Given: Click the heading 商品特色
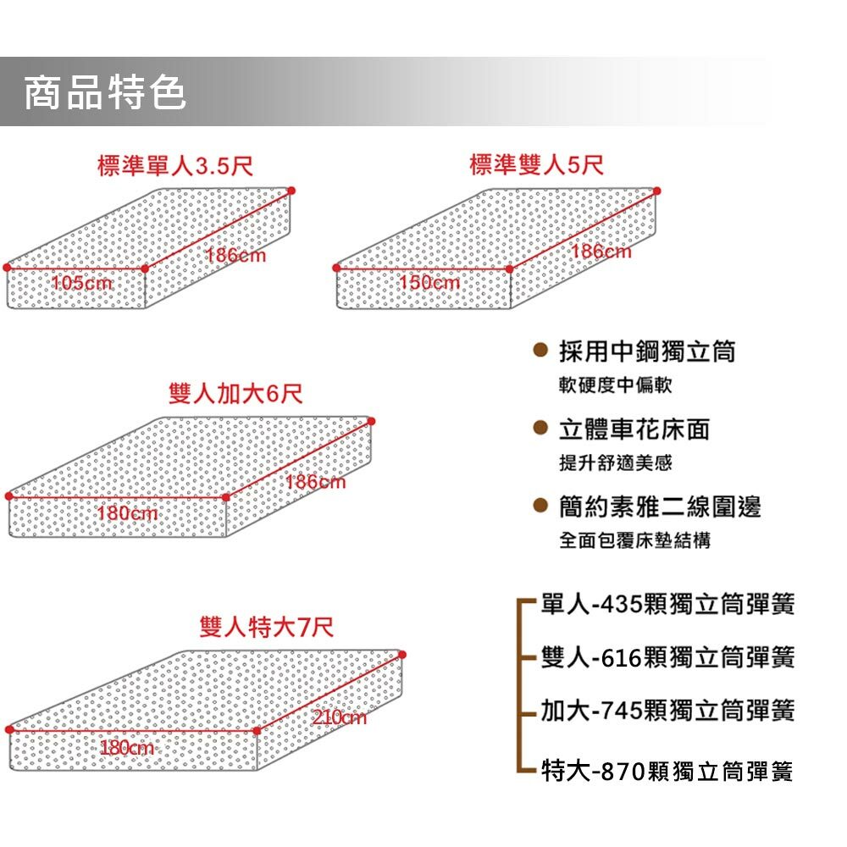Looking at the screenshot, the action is point(104,92).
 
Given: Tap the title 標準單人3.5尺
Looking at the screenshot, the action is point(175,165).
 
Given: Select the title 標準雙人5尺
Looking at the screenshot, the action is point(536,165).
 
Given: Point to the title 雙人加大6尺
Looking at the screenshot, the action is point(235,394).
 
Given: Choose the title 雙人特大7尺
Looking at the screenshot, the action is point(266,628).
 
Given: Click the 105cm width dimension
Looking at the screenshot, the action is point(82,283).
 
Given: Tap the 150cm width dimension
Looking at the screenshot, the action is point(429,283).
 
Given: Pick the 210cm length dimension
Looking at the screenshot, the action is point(339,718).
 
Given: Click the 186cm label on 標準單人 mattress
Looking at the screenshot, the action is point(235,255).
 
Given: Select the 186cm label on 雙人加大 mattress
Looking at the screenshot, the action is point(316,483).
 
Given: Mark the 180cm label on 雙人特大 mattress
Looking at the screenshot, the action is point(127,749).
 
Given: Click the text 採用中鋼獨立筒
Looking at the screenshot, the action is point(647,352).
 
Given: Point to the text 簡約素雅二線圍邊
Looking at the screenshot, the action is point(660,507).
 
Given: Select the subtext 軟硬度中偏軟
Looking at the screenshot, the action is point(616,385).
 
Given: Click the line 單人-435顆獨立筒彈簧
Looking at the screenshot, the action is point(667,605).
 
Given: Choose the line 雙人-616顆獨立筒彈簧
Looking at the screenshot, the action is point(667,656).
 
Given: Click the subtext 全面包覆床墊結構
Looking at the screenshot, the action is point(635,541).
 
